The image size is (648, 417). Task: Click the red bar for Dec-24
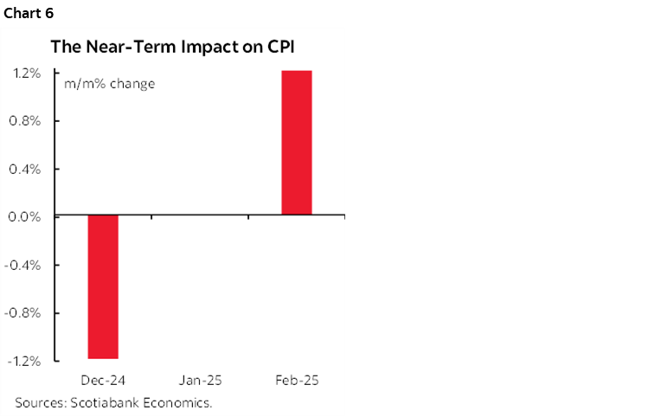click(x=102, y=286)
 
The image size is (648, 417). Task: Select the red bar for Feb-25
click(x=296, y=143)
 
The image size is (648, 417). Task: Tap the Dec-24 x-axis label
click(x=102, y=381)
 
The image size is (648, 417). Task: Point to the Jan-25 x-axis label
click(x=199, y=381)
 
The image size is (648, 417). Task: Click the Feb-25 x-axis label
click(x=296, y=381)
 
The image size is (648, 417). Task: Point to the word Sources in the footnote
click(x=39, y=402)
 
